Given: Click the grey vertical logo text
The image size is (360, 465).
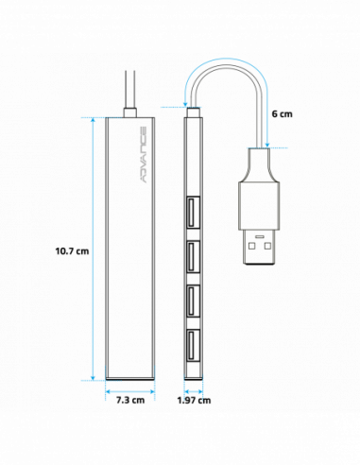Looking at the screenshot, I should [144, 154].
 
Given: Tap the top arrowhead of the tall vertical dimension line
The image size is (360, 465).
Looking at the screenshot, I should [93, 121].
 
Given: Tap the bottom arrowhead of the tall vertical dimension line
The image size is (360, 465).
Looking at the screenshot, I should [93, 377].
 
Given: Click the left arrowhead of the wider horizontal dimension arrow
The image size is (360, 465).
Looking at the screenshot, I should [109, 391].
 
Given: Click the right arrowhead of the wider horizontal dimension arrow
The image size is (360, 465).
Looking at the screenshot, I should [151, 391].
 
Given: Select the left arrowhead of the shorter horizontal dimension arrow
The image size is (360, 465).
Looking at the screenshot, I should [186, 391].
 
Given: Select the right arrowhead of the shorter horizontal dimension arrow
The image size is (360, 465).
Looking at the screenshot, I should [200, 391].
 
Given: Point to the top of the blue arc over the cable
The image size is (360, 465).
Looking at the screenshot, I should [226, 60].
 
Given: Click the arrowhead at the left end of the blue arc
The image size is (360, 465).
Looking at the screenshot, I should [186, 104].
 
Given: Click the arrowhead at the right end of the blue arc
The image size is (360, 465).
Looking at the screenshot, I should [266, 145].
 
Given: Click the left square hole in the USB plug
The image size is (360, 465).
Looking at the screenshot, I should [251, 246].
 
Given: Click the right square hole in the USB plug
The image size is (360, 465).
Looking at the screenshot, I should [267, 246].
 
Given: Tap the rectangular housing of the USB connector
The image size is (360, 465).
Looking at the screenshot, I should [259, 206].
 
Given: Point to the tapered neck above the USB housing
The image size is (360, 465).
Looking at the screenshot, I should [259, 167].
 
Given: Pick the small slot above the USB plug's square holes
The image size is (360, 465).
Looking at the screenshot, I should [259, 236].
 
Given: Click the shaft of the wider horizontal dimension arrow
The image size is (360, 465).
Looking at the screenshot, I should [129, 391].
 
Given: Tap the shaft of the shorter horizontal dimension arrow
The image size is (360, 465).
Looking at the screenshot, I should [193, 391].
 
